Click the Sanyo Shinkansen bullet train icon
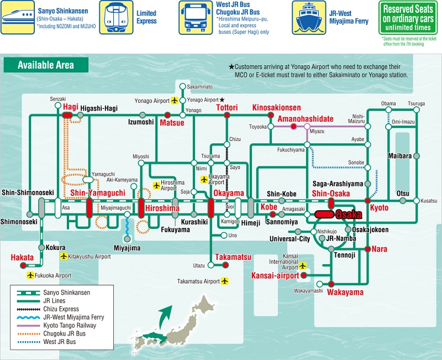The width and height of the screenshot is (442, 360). pyautogui.click(x=18, y=18)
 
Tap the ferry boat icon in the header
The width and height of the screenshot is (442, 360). pyautogui.click(x=309, y=18)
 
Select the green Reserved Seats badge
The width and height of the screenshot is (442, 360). pyautogui.click(x=408, y=18)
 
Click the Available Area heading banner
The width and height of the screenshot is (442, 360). pyautogui.click(x=46, y=65)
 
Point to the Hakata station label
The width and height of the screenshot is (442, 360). pyautogui.click(x=22, y=257)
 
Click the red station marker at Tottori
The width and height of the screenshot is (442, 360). pyautogui.click(x=227, y=115)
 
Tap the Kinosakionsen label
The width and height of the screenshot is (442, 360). pyautogui.click(x=277, y=107)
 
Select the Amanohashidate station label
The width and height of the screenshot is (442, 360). pyautogui.click(x=306, y=119)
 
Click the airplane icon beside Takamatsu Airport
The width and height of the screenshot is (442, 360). pyautogui.click(x=225, y=281)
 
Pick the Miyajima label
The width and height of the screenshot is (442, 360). pyautogui.click(x=127, y=248)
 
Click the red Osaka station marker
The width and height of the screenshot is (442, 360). pyautogui.click(x=324, y=215)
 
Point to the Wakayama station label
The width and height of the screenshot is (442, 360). pyautogui.click(x=345, y=292)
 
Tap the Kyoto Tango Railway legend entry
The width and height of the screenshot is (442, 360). pyautogui.click(x=70, y=325)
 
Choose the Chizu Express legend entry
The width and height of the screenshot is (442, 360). pyautogui.click(x=61, y=309)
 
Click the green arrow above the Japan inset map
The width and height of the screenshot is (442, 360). pyautogui.click(x=165, y=316)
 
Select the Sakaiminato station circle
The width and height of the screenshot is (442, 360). pyautogui.click(x=183, y=86)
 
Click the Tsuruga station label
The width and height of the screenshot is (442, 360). pyautogui.click(x=417, y=103)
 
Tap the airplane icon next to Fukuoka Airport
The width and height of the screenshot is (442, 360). pyautogui.click(x=30, y=275)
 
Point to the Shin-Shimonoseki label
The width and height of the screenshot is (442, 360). pyautogui.click(x=28, y=192)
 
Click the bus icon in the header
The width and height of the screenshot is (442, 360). pyautogui.click(x=196, y=18)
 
